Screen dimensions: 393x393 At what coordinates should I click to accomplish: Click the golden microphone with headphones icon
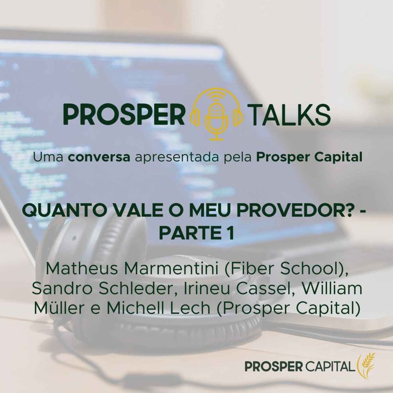pyautogui.click(x=216, y=114)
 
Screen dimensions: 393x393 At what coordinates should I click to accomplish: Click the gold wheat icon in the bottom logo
pyautogui.click(x=366, y=364)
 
